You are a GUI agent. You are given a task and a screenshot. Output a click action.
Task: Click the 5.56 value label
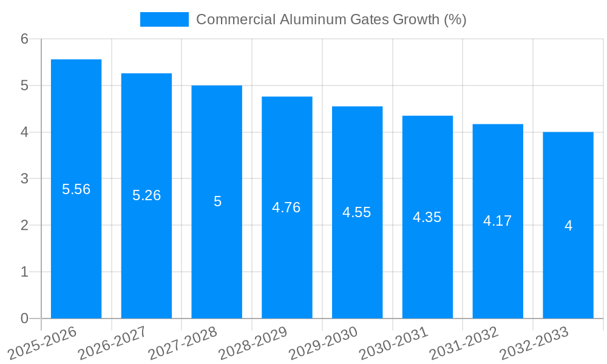click(x=76, y=189)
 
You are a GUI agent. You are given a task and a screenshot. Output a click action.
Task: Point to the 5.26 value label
click(x=146, y=195)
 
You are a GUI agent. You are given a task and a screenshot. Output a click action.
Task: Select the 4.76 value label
click(x=287, y=207)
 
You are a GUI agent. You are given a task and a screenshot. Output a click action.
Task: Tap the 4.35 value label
click(x=427, y=217)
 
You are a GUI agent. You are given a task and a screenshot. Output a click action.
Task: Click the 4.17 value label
click(x=498, y=221)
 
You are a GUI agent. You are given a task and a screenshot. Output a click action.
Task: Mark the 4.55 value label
click(x=357, y=212)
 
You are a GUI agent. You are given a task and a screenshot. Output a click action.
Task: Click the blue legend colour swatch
click(x=164, y=19)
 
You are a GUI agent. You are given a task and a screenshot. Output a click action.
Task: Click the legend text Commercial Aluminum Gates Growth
click(x=331, y=19)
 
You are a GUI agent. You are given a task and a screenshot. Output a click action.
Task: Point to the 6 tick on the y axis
click(x=24, y=39)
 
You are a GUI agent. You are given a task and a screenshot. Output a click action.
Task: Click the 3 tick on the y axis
click(x=24, y=179)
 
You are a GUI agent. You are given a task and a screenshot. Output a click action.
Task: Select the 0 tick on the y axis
click(x=24, y=318)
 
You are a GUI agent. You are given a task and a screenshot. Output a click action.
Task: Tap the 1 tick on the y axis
click(x=24, y=272)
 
